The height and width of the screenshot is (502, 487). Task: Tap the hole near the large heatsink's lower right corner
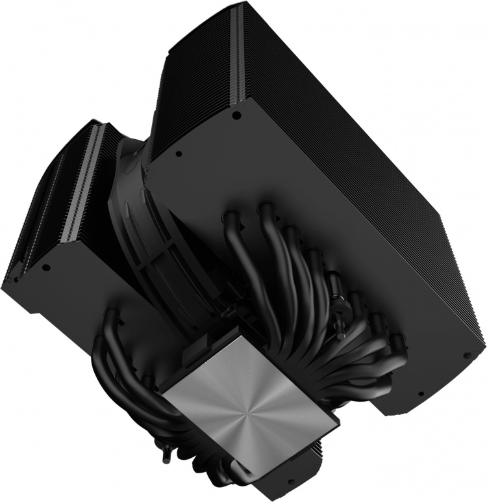[x=466, y=355]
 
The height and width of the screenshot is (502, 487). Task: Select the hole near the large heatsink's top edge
[x=237, y=115]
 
